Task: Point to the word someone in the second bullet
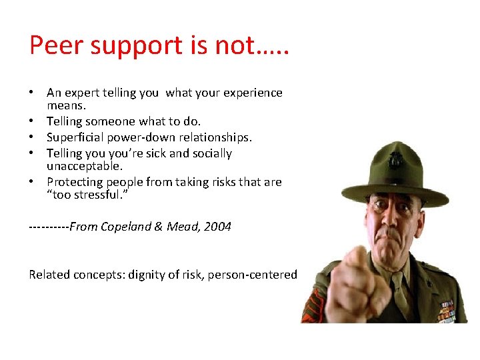109,121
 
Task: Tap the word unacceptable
84,165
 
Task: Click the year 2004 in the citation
217,227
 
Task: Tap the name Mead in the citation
182,227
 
